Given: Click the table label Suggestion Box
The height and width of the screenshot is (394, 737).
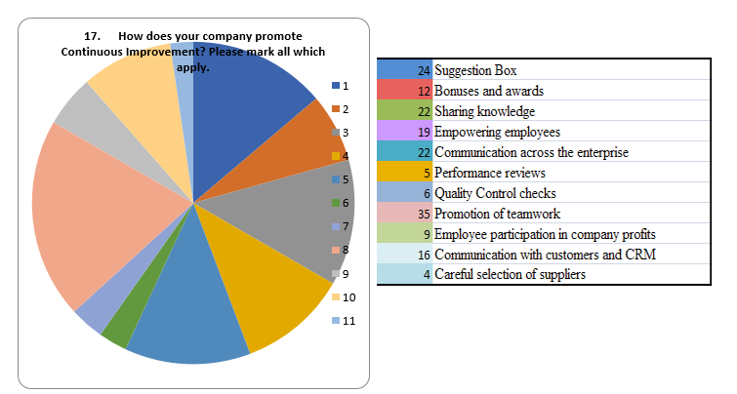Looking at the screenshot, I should click(475, 70).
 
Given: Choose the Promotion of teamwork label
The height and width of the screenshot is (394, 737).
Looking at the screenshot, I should click(497, 214).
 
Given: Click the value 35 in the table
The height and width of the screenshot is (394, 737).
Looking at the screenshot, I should click(424, 214).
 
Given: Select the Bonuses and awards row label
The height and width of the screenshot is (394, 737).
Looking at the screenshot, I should click(488, 91).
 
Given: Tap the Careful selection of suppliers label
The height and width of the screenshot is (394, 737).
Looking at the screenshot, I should click(510, 274).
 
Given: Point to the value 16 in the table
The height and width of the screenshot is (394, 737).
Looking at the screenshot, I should click(424, 255).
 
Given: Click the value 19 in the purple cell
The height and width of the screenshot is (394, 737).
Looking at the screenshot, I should click(424, 132).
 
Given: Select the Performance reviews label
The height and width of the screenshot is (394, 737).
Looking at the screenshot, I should click(490, 173).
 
